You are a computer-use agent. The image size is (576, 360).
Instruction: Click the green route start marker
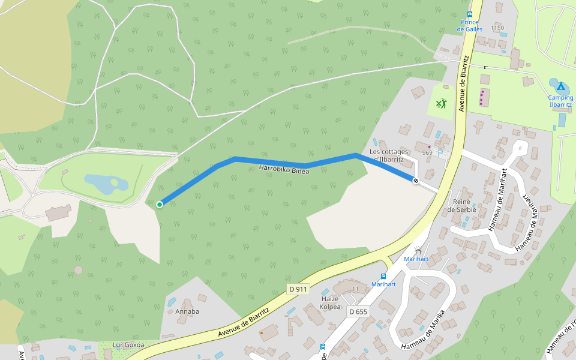[x=160, y=205]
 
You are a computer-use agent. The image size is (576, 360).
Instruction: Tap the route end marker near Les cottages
[x=415, y=180]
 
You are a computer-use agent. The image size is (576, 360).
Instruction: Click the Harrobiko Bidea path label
[x=284, y=170]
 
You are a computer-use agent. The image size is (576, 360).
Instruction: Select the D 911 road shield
[x=298, y=289]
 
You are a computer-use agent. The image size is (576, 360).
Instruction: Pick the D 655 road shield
[x=358, y=311]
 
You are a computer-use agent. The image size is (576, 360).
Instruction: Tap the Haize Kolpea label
[x=330, y=303]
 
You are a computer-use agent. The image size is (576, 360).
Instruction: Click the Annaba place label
[x=187, y=311]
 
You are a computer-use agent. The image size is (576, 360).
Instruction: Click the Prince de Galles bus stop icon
[x=469, y=14]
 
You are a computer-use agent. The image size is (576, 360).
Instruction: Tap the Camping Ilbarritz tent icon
[x=560, y=86]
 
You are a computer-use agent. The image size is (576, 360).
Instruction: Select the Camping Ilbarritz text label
[x=560, y=101]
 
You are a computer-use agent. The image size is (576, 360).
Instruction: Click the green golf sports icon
[x=441, y=104]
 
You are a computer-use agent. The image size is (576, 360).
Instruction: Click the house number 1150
[x=497, y=28]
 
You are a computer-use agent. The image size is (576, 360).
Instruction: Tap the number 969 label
[x=427, y=153]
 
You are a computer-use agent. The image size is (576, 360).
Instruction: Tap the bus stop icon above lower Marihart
[x=383, y=277]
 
